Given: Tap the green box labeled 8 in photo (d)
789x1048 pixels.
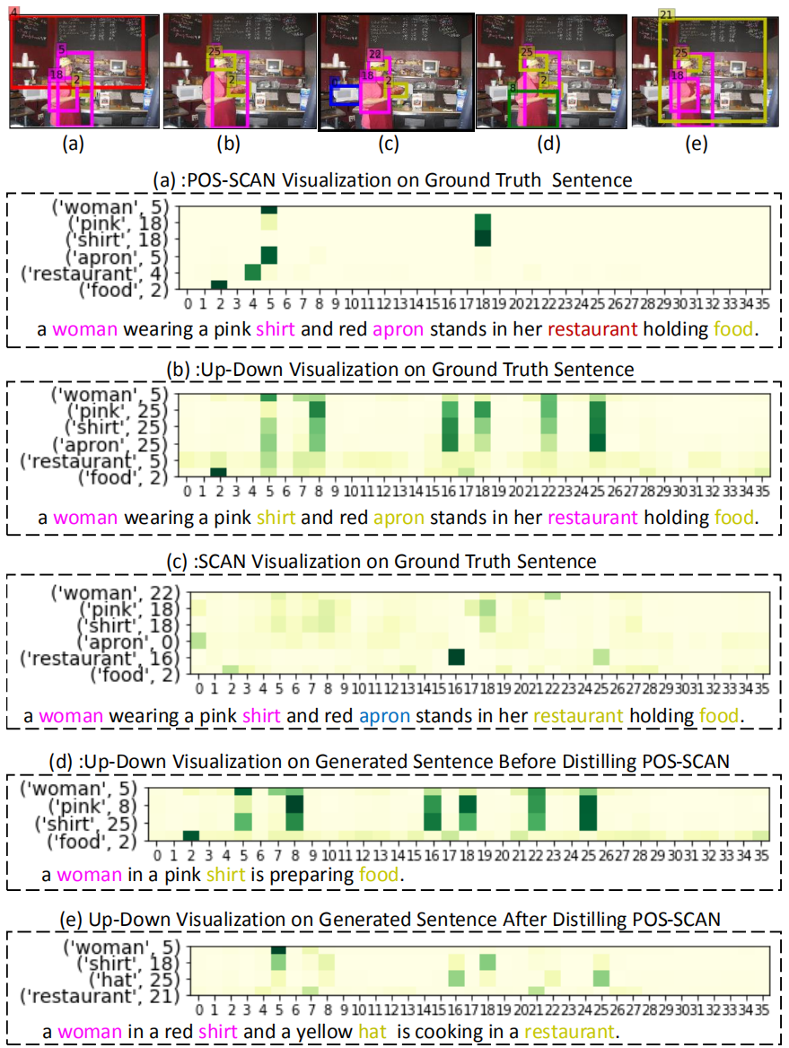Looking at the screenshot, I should [535, 107].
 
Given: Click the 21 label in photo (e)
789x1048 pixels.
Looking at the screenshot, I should [666, 14].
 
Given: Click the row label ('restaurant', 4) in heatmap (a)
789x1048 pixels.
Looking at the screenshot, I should [101, 272].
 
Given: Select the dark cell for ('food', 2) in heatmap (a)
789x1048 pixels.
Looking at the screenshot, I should [218, 285].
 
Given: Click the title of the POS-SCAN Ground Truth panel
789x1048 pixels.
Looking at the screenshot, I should [393, 180].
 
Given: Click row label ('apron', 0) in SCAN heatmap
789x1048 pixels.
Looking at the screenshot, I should [129, 642].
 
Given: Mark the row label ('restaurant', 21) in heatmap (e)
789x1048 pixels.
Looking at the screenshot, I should [101, 996].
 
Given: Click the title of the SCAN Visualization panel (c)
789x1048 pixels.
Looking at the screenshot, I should [393, 562].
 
